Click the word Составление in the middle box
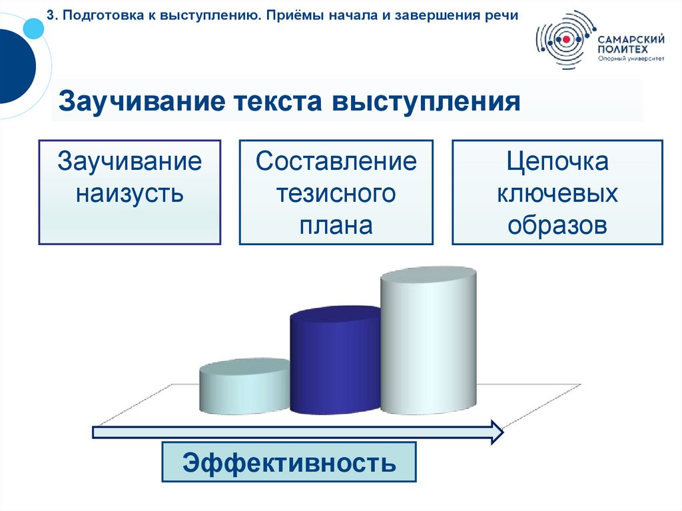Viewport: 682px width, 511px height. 336,161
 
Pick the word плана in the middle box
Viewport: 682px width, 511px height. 336,225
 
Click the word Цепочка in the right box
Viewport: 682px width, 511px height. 557,161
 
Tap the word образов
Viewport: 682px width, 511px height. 557,225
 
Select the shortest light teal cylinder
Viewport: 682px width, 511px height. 244,390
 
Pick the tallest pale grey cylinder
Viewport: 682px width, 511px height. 428,346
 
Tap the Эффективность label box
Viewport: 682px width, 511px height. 289,461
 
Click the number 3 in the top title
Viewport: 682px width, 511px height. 50,15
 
